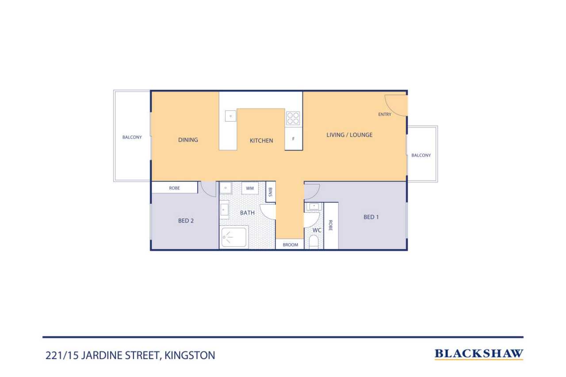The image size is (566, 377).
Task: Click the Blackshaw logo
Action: (x=479, y=354)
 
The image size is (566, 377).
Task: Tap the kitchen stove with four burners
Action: (x=293, y=118)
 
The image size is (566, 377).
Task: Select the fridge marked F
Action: (x=294, y=139)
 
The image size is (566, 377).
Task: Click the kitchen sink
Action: (x=231, y=116)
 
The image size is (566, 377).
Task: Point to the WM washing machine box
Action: (x=250, y=188)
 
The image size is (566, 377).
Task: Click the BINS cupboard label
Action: (x=270, y=192)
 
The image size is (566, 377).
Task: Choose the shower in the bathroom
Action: (x=234, y=237)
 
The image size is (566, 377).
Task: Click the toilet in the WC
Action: (x=314, y=242)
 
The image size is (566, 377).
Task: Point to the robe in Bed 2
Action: (x=174, y=188)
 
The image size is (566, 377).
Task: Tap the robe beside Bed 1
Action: (x=331, y=225)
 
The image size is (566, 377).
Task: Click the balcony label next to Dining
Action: (x=132, y=137)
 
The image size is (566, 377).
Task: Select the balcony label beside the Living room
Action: (x=421, y=155)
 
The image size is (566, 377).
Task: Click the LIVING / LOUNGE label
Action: (x=349, y=135)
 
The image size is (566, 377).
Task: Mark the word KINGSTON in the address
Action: (x=190, y=355)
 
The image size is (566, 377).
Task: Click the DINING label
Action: (x=188, y=140)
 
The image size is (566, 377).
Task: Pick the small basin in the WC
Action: (x=314, y=206)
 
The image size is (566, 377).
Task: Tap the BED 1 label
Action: (x=371, y=217)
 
